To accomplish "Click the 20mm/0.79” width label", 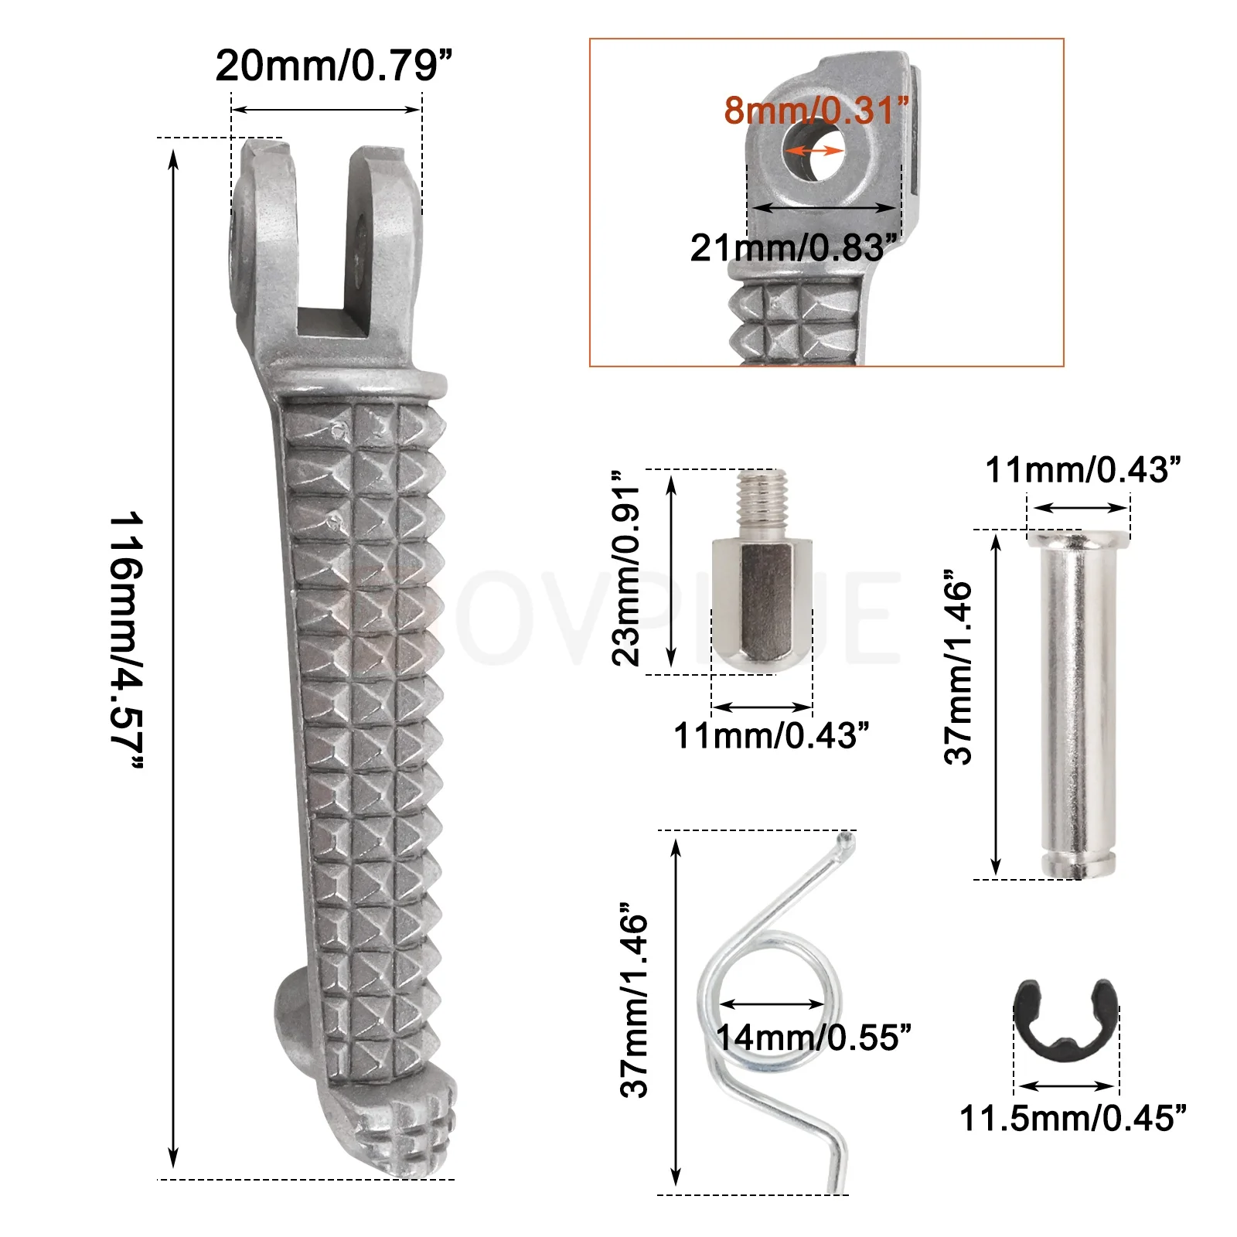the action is [x=333, y=65].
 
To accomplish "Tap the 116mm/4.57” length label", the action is [x=125, y=640].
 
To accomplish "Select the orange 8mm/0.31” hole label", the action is [x=816, y=111].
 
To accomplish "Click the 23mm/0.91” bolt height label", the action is [x=627, y=567].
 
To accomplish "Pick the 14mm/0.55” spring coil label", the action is [x=813, y=1038].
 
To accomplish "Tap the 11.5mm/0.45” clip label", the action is [x=1072, y=1118].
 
